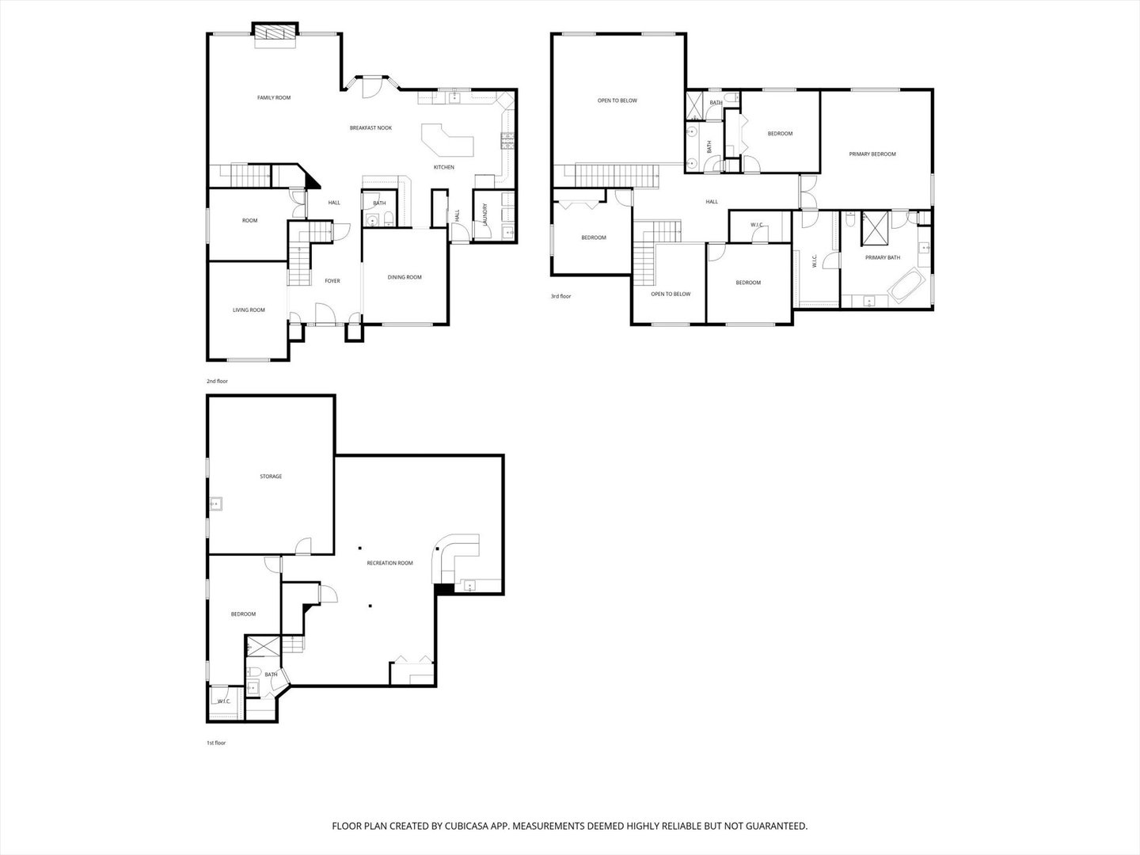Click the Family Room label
pos(274,98)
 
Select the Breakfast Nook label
pos(370,128)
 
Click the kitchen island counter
pos(447,141)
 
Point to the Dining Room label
pos(405,278)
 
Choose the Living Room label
pos(249,310)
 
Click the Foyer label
pos(332,281)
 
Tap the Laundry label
pos(484,215)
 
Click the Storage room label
pos(271,477)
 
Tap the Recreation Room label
pos(389,564)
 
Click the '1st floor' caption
pos(216,743)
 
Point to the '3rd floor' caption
pos(560,296)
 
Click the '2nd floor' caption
pos(217,382)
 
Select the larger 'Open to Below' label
pos(617,101)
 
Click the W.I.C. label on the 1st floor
pos(223,701)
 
